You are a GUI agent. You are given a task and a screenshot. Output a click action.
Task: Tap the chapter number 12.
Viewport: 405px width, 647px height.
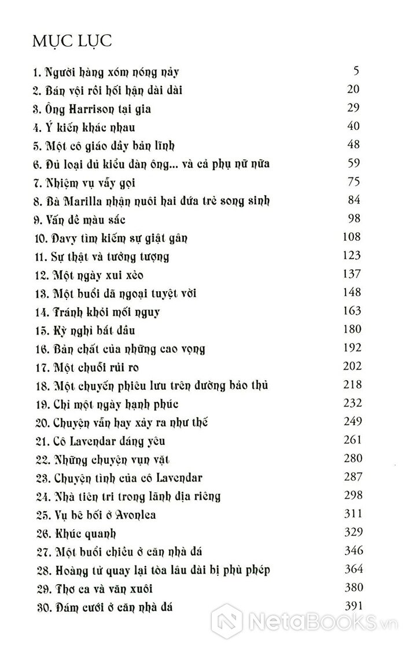coord(39,274)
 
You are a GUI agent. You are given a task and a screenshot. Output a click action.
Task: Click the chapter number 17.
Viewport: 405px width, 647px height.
coord(39,367)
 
